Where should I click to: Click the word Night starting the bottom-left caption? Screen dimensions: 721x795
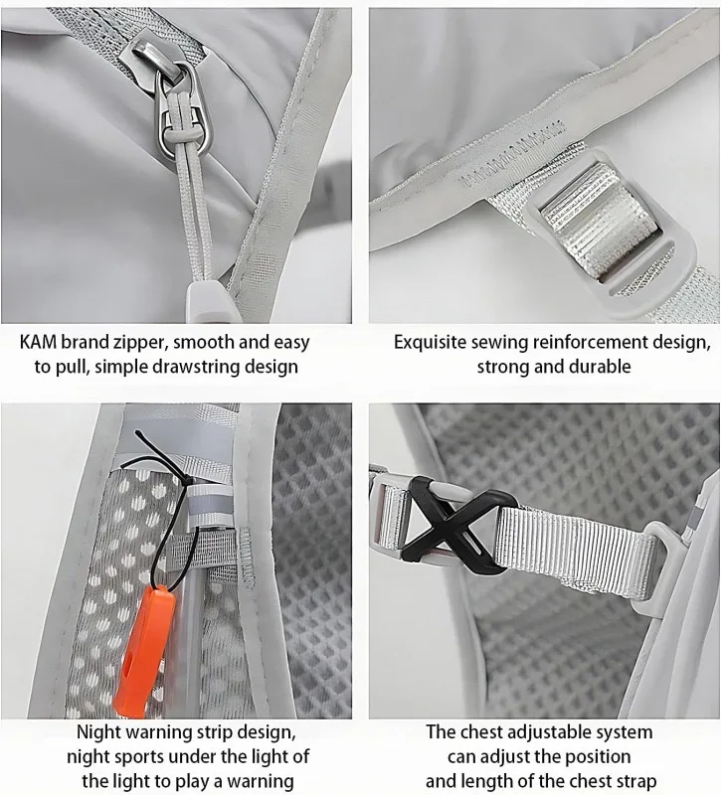tap(98, 733)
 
